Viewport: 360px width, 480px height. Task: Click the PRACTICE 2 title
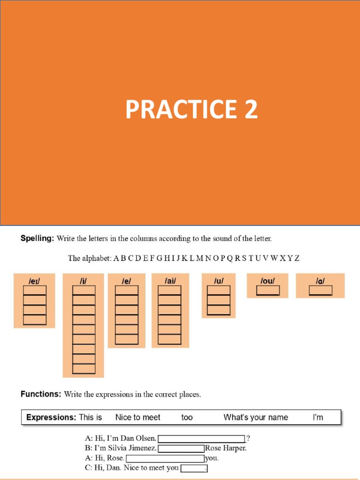click(x=191, y=109)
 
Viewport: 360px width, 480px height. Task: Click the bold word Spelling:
click(x=37, y=239)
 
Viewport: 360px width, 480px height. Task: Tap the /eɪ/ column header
click(x=34, y=281)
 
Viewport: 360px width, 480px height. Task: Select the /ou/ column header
click(x=268, y=281)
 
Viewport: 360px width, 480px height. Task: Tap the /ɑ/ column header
click(x=320, y=281)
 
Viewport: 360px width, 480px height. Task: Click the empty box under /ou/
click(x=268, y=291)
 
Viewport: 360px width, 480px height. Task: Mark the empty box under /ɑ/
click(x=320, y=291)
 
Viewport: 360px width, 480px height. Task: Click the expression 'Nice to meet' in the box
click(x=138, y=417)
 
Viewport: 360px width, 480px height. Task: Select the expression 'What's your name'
click(x=255, y=417)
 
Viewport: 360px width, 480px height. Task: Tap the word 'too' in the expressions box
click(x=187, y=417)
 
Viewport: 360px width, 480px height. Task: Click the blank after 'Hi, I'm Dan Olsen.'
click(x=202, y=439)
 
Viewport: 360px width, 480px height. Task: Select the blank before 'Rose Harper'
click(x=181, y=449)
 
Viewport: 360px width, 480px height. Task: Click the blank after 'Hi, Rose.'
click(x=165, y=458)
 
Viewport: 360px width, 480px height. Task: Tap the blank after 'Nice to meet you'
click(x=194, y=468)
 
